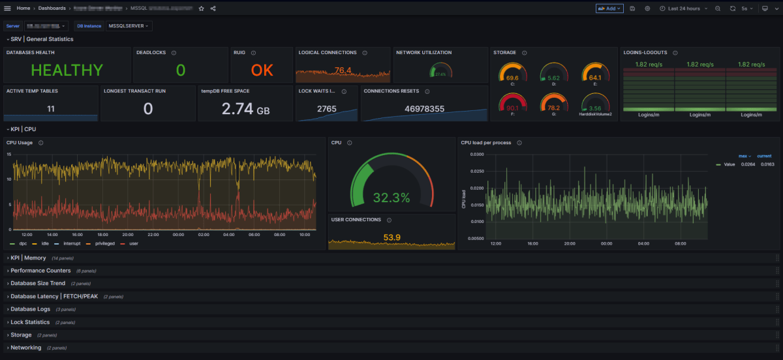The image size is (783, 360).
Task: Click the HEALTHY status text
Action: tap(67, 70)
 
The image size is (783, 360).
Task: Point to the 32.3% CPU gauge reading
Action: tap(391, 198)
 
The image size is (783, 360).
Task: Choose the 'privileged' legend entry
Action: tap(104, 243)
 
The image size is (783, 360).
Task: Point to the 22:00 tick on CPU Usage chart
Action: tap(153, 235)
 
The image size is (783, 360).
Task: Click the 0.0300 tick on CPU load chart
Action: tap(476, 155)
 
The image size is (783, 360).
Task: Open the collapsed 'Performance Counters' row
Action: tap(40, 270)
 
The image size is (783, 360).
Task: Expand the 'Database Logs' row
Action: tap(30, 309)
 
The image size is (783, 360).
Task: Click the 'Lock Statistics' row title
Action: tap(30, 322)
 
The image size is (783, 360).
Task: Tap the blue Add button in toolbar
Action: tap(609, 8)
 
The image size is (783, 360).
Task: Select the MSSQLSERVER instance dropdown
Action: tap(129, 26)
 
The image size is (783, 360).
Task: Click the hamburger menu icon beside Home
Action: tap(8, 8)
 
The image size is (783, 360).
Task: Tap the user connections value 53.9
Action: tap(391, 237)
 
